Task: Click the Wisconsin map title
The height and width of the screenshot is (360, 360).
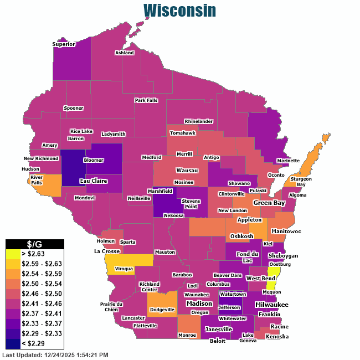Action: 179,11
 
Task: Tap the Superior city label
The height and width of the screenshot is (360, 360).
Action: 64,44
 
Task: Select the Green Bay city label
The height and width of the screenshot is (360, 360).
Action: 269,203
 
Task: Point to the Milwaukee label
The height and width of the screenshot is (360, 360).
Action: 271,305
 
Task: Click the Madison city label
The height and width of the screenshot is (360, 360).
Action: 199,304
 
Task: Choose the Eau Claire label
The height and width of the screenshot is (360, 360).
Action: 78,181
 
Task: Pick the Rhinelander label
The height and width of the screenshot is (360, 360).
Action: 199,121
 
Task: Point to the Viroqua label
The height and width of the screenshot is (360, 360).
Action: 125,269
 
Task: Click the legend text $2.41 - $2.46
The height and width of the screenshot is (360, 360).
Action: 42,304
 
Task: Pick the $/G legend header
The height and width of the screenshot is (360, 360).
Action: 35,244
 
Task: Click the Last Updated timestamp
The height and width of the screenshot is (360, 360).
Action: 55,354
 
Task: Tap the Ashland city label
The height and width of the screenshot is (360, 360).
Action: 125,53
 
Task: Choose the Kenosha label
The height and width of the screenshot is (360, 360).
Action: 277,336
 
